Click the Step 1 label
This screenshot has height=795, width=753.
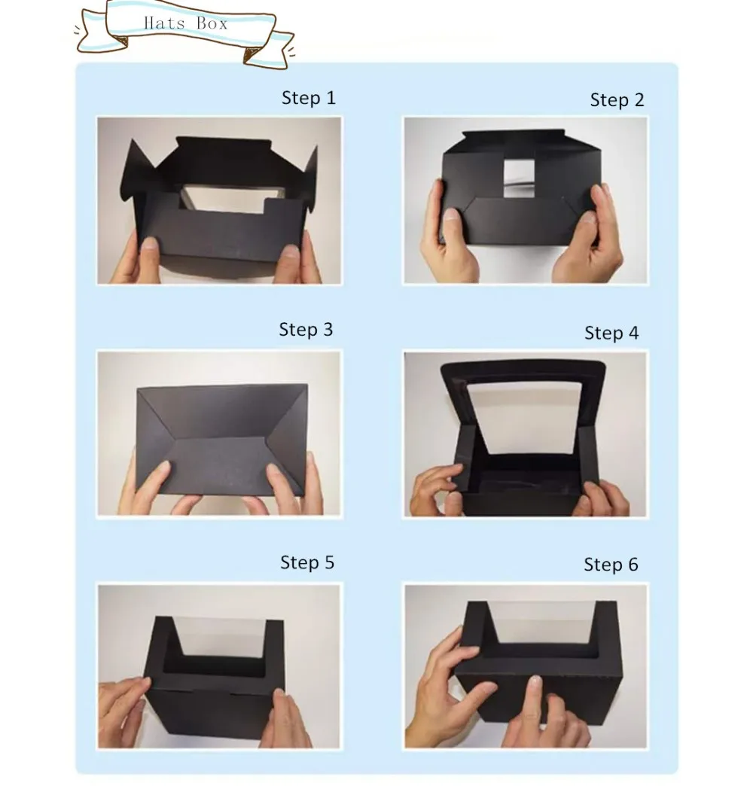coord(308,98)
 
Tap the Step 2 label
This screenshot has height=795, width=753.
coord(617,100)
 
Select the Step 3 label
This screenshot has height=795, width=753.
coord(306,330)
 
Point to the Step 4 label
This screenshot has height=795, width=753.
coord(611,333)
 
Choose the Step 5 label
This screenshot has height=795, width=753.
coord(307,562)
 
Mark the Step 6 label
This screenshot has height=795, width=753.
coord(611,565)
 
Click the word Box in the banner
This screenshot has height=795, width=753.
coord(212,23)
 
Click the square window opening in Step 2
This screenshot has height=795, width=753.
coord(519,178)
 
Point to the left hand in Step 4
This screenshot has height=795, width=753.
coord(437,492)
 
